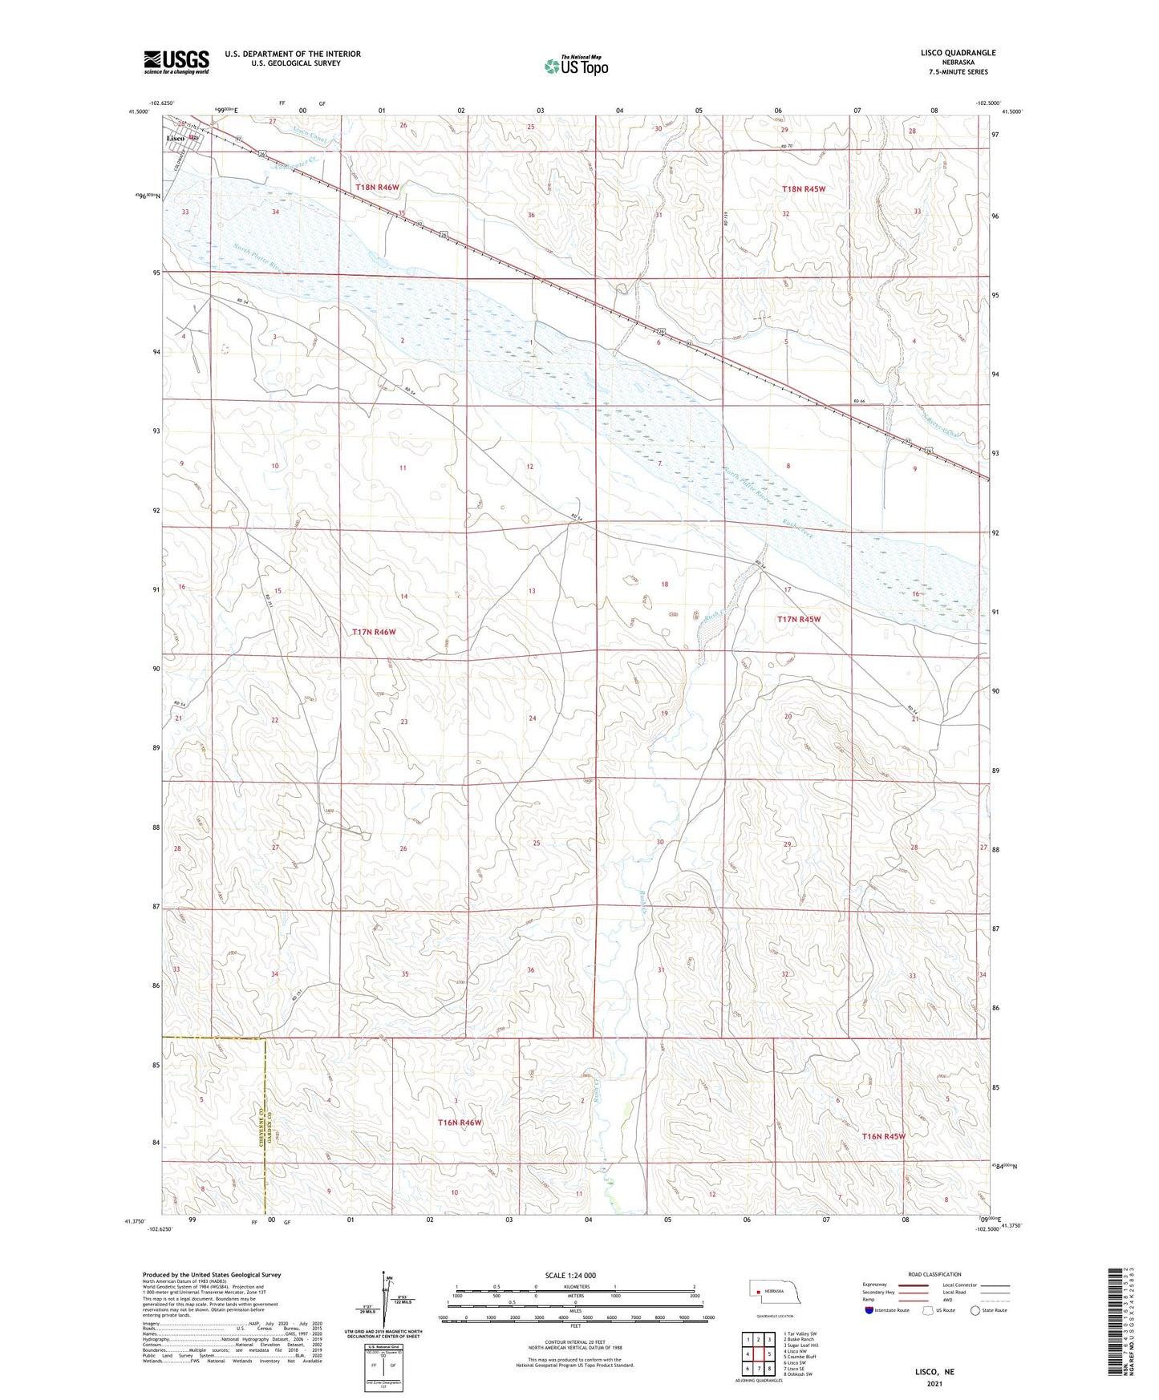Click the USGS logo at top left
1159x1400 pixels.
click(x=176, y=62)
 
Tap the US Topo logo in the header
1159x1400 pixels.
click(x=575, y=66)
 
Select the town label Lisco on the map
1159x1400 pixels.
click(x=176, y=139)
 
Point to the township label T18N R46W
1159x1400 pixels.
click(x=377, y=188)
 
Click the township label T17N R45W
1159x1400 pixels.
click(x=799, y=619)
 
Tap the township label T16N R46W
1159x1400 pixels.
click(x=460, y=1123)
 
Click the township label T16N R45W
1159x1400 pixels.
click(x=883, y=1136)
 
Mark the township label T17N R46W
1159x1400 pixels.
click(x=374, y=632)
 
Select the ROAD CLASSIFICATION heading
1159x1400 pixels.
click(x=934, y=1274)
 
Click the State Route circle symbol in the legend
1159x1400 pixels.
click(x=975, y=1310)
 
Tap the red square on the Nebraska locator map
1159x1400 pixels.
click(x=758, y=1292)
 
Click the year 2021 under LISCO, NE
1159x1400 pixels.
click(x=934, y=1383)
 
